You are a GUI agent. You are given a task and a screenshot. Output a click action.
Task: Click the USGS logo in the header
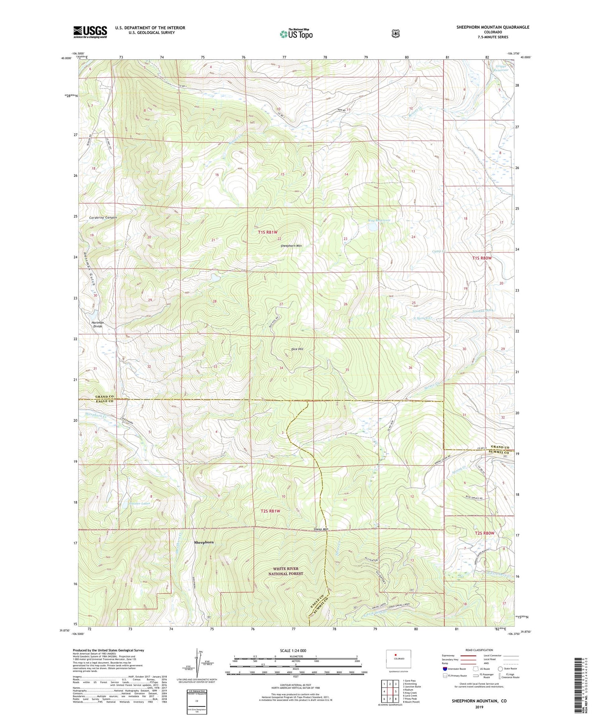[90, 32]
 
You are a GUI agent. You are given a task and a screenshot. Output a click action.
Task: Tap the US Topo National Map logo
[296, 34]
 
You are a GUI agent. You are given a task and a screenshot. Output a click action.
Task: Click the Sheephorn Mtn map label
[291, 246]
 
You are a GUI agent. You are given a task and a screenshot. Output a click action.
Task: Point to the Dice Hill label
[297, 349]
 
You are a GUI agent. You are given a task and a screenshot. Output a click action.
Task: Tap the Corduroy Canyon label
[103, 217]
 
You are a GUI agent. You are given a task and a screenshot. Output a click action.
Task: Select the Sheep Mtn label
[321, 529]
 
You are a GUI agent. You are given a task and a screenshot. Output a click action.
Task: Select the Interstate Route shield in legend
[445, 669]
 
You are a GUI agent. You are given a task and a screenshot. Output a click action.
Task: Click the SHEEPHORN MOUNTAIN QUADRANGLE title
[493, 27]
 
